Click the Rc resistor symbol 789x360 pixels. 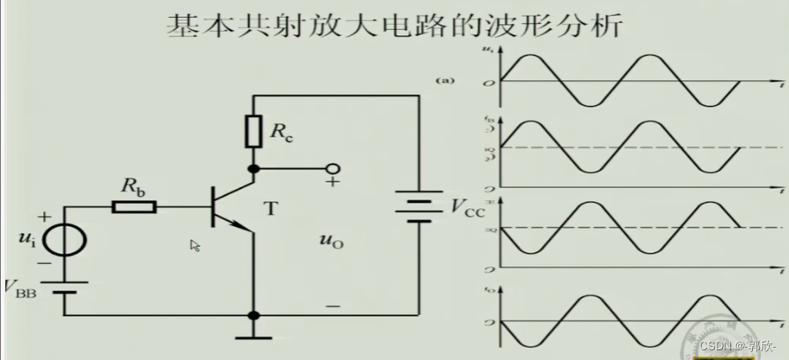[253, 131]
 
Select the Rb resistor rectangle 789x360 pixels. [134, 206]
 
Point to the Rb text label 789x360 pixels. [132, 187]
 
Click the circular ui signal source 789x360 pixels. [66, 238]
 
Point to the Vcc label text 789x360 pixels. [469, 208]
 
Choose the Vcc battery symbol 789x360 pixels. [418, 208]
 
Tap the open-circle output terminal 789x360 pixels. [332, 168]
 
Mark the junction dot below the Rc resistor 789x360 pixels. [253, 168]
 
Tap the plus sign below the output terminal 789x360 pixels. [333, 183]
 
